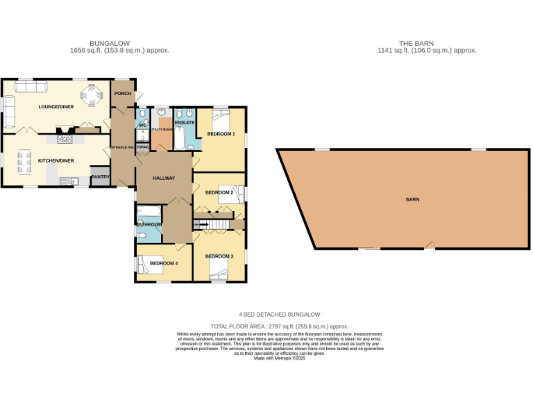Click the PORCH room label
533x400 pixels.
tap(123, 94)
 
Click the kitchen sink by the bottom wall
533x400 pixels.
tap(69, 181)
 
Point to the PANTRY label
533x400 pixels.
tap(100, 176)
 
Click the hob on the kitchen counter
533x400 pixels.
tap(66, 139)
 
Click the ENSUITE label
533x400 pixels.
tap(185, 124)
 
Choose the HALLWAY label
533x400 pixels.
tap(164, 178)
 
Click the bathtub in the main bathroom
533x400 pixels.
tap(149, 212)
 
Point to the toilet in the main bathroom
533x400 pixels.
tap(139, 235)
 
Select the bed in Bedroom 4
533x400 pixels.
tap(149, 263)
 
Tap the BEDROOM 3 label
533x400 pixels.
tap(219, 256)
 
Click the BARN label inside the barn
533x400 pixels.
tap(413, 199)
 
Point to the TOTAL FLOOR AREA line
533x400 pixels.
tap(279, 326)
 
